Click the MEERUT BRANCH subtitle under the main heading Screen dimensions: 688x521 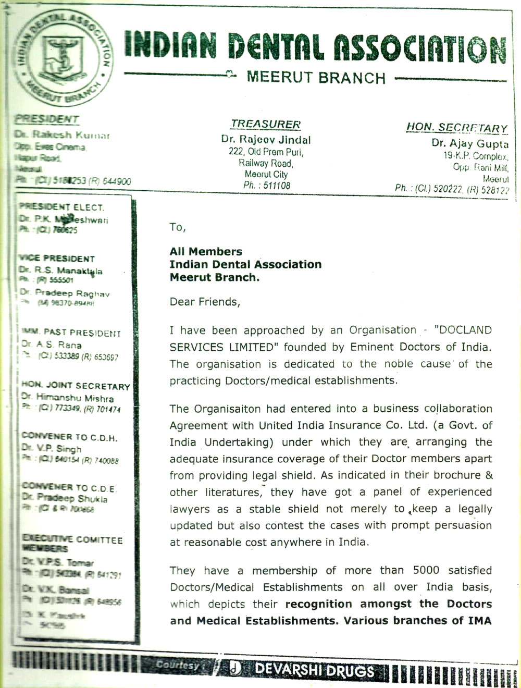(316, 78)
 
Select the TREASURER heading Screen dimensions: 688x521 (266, 124)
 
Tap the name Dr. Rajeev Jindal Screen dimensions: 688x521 (266, 140)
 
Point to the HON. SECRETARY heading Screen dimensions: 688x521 (457, 128)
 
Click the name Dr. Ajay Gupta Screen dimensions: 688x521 (470, 143)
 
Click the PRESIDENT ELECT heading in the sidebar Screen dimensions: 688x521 (62, 207)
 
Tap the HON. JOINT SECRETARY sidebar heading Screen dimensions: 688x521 (76, 386)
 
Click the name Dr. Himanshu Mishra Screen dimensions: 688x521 (67, 398)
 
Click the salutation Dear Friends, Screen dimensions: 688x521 (205, 302)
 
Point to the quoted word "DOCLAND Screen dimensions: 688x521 (463, 330)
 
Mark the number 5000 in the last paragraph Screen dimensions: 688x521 (426, 570)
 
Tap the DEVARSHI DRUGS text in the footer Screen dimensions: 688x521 (314, 670)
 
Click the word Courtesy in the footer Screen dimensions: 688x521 (177, 665)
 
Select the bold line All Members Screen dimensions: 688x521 (206, 252)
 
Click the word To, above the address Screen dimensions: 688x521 (177, 227)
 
